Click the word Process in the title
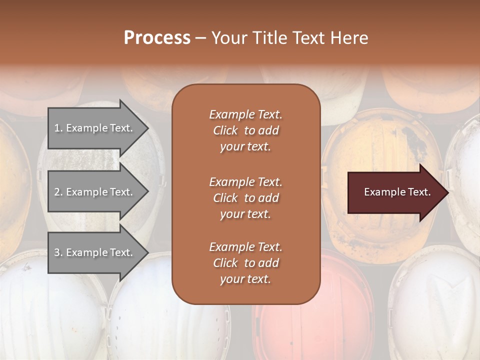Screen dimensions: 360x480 [157, 37]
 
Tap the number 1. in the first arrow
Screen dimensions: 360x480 [58, 128]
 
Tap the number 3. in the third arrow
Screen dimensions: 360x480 [58, 252]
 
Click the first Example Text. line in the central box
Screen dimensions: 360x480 [245, 114]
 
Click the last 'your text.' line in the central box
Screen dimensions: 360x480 [245, 279]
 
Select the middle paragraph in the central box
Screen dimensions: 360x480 [245, 197]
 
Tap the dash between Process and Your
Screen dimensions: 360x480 [201, 38]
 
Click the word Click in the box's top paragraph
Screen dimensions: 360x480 [225, 130]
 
